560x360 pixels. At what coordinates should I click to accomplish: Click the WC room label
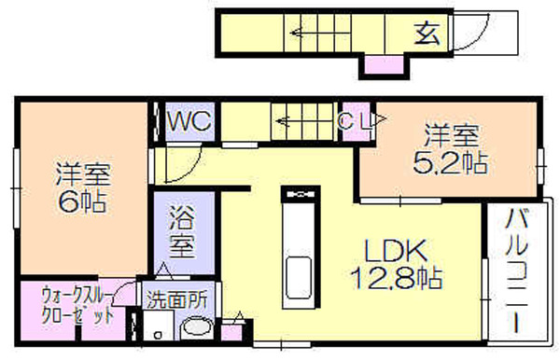(189, 121)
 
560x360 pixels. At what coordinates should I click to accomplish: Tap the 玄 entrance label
(427, 33)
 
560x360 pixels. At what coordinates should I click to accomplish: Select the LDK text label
(396, 250)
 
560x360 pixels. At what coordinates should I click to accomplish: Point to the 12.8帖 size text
(397, 278)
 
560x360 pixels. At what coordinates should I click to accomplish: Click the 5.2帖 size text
(451, 163)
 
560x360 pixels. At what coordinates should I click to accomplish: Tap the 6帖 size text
(82, 201)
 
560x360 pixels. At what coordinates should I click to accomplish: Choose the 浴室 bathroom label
(183, 231)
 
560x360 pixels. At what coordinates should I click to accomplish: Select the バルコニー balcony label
(516, 270)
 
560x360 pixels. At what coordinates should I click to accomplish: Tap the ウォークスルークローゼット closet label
(77, 305)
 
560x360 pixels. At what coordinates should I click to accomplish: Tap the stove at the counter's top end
(300, 195)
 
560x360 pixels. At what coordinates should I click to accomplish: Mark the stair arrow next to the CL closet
(306, 121)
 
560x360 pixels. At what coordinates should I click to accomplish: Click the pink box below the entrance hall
(384, 65)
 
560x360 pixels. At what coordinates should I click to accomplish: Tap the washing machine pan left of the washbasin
(159, 325)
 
